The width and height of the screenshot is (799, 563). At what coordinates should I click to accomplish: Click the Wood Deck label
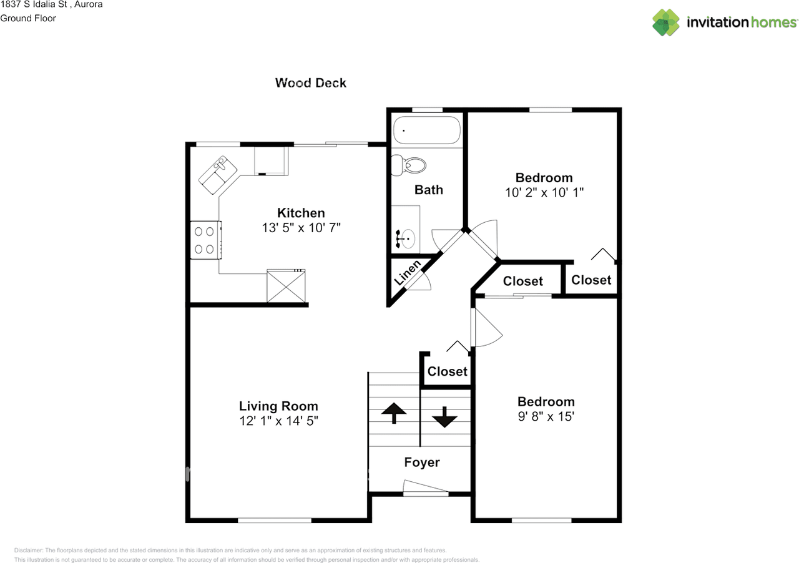point(310,82)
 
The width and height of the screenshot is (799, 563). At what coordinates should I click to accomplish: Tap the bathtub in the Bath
point(427,130)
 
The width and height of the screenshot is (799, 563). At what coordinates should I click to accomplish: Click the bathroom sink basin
point(408,238)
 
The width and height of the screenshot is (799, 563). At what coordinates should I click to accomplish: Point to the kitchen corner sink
point(218,173)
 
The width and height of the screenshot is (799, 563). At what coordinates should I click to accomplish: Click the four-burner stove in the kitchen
point(205,240)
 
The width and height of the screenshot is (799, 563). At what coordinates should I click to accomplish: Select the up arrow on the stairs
point(393,413)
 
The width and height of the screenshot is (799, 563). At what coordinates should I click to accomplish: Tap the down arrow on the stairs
point(444,416)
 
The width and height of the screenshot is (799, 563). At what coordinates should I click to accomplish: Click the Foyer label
point(422,463)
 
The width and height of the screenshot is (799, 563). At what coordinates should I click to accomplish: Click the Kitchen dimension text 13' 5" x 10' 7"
point(301,228)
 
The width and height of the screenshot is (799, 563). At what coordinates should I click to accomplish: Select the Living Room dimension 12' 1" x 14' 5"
point(278,421)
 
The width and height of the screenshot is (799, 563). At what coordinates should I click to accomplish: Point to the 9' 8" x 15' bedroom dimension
point(546,416)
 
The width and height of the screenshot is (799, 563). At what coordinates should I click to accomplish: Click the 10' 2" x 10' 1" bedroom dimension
point(544,192)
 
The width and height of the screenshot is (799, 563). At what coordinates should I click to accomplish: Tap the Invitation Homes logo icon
point(666,22)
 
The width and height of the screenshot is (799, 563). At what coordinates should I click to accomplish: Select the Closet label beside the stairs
point(447,371)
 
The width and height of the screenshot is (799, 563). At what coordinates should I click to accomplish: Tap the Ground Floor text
point(28,18)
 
